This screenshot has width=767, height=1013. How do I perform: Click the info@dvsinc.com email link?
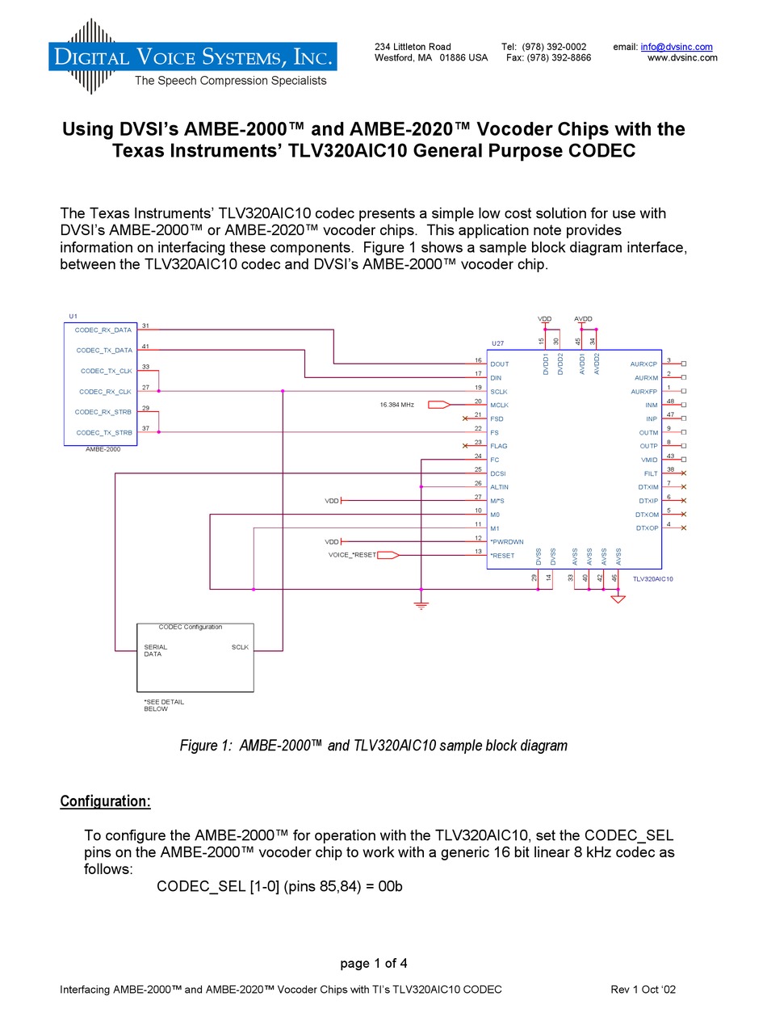point(677,47)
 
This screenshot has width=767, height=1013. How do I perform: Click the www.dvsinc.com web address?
point(682,58)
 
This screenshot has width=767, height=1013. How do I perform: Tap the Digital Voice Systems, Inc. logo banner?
point(192,57)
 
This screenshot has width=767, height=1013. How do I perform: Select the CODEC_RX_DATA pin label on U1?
point(103,330)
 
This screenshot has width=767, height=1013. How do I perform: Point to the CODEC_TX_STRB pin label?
point(104,433)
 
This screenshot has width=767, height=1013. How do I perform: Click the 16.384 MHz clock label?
point(396,404)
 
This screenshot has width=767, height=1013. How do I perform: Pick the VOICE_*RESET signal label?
point(352,555)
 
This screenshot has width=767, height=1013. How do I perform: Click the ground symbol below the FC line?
point(421,604)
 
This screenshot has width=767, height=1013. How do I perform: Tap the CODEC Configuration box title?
point(191,627)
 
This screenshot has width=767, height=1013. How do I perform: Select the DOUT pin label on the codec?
point(500,364)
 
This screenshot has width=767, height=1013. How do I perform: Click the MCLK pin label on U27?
point(500,405)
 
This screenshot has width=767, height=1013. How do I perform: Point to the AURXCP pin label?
point(644,364)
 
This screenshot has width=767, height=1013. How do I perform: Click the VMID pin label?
point(650,460)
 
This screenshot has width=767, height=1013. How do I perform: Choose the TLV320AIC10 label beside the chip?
point(653,579)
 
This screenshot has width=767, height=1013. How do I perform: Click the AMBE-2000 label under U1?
point(103,449)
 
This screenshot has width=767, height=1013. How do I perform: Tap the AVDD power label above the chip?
point(583,319)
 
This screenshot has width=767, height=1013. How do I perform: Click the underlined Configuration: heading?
point(106,801)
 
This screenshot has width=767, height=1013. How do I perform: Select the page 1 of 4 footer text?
point(374,963)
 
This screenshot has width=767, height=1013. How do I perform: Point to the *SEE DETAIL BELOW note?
point(164,705)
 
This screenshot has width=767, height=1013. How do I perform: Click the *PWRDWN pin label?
point(507,542)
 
